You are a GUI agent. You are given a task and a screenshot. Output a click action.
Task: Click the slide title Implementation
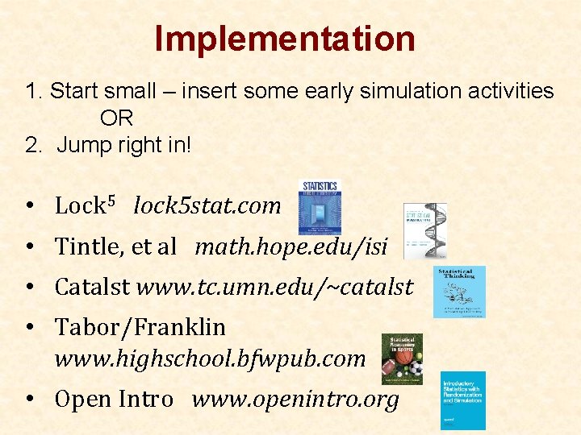tap(285, 39)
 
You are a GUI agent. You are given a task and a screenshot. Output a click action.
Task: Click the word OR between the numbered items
tap(116, 118)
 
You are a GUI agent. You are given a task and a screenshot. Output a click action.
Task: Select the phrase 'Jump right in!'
tap(124, 147)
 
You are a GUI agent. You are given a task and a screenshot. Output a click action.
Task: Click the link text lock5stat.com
tap(207, 206)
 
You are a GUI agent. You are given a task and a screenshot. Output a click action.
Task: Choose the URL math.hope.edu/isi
tap(291, 246)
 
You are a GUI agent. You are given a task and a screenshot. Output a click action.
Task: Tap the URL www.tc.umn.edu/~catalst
tap(275, 287)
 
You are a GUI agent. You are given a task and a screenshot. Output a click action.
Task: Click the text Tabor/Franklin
tap(140, 328)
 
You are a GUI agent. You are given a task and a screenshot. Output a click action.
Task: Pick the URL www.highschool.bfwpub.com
tap(210, 358)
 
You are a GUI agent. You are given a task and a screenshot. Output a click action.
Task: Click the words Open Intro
tap(114, 399)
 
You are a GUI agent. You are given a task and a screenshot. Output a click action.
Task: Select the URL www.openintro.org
tap(295, 399)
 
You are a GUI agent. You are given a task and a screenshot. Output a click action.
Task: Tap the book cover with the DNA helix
tap(424, 230)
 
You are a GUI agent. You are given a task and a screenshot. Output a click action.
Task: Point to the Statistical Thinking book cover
tap(459, 292)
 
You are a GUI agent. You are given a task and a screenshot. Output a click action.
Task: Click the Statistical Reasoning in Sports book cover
tap(401, 359)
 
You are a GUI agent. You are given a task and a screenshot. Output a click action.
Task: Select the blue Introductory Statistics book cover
tap(463, 400)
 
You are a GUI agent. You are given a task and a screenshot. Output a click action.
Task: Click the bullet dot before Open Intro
tap(28, 400)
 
